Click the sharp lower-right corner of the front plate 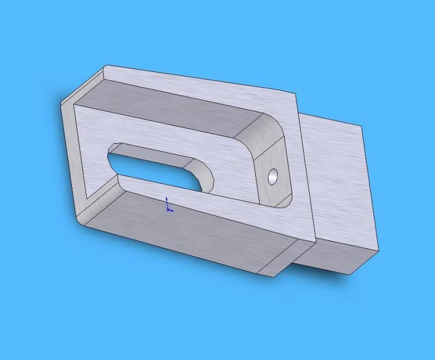[x=315, y=241]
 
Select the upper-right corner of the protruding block [x=362, y=127]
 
